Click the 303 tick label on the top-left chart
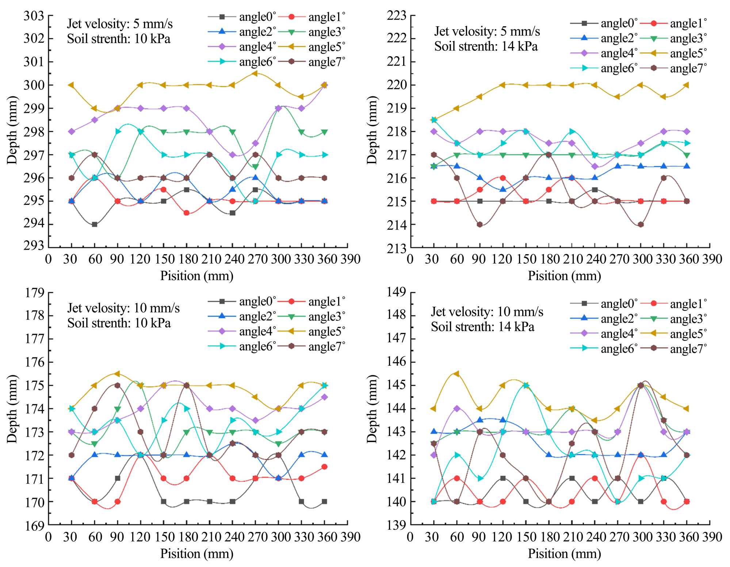coord(34,16)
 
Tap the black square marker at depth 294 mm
coord(95,225)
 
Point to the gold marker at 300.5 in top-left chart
coord(255,73)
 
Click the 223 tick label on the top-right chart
coord(397,16)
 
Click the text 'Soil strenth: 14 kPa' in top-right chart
coord(486,47)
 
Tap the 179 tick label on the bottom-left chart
coord(34,293)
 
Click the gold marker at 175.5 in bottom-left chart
coord(117,374)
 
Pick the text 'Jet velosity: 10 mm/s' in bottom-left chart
coord(123,308)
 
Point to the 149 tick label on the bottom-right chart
coord(397,292)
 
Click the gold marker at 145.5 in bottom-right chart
coord(456,374)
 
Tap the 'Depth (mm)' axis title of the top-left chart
coord(12,130)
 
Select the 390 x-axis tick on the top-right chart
coord(710,259)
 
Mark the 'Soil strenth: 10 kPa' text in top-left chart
coord(119,39)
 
